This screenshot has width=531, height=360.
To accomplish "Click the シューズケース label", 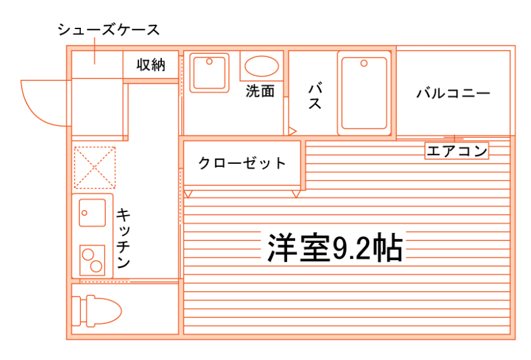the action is [108, 30].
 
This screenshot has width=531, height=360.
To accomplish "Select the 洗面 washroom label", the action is [260, 90].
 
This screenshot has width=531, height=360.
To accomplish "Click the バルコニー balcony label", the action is [453, 94].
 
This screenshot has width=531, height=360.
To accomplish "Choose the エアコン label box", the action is [457, 151].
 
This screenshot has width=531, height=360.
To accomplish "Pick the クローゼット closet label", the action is [243, 163].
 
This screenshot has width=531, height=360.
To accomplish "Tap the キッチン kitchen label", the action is [124, 238].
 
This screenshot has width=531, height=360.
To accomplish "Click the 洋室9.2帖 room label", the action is [335, 249].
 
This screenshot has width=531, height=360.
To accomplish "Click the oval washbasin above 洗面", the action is [261, 66].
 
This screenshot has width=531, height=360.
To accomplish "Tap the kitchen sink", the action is [92, 211].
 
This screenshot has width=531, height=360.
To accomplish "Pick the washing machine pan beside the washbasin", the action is [210, 73].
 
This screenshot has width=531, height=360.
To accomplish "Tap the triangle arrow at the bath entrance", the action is [292, 131].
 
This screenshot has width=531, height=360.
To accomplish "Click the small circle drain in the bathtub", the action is [363, 63].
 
